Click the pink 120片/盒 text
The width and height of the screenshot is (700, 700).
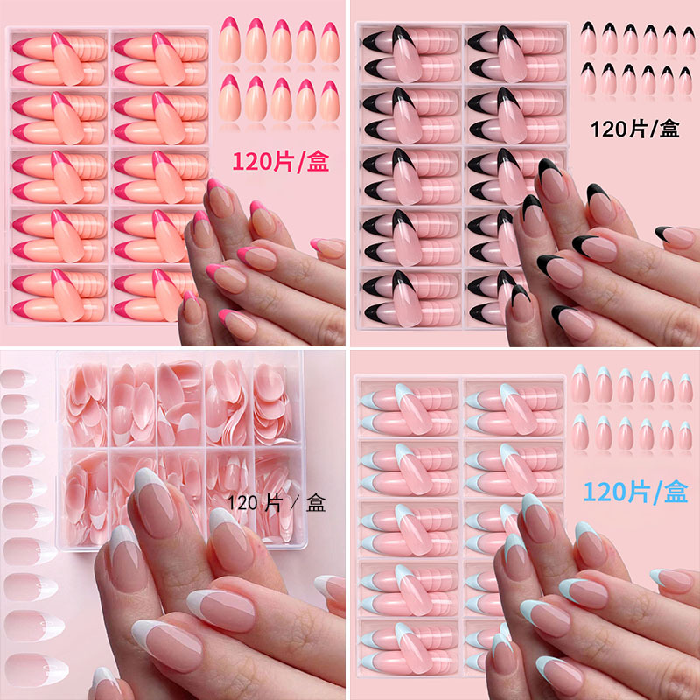click(280, 161)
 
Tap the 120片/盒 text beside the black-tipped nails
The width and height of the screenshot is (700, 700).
click(635, 129)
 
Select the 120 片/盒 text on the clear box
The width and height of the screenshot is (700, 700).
click(276, 504)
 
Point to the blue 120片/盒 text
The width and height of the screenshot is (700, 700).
click(636, 492)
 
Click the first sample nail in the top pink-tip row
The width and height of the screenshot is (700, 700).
click(229, 40)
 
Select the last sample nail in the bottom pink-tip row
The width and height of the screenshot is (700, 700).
click(330, 98)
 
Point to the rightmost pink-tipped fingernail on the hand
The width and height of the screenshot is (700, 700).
click(325, 247)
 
